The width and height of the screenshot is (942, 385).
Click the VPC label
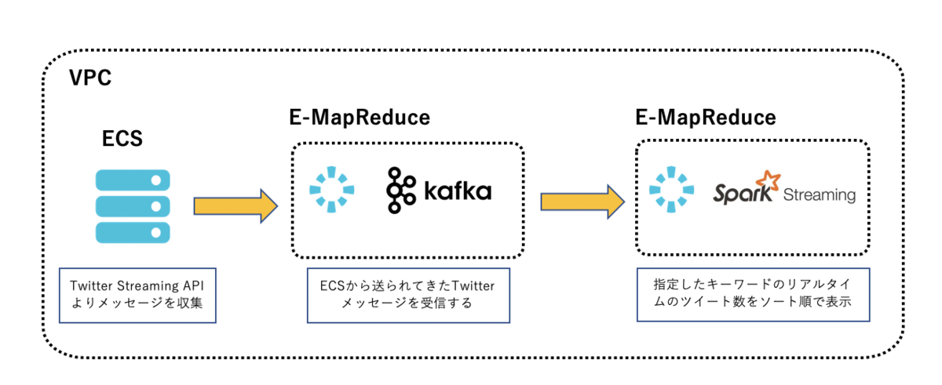click(90, 78)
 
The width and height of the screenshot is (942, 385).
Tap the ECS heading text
click(122, 139)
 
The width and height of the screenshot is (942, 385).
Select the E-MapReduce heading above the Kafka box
click(360, 117)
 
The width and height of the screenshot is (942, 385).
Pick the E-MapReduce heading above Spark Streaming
click(706, 117)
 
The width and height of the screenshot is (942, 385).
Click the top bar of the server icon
click(133, 180)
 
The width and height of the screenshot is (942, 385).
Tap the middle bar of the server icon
click(133, 206)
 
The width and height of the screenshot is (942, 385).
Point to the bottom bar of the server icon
click(133, 233)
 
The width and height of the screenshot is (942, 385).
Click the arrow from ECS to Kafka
click(235, 206)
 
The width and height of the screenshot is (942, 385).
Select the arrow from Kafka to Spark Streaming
click(582, 202)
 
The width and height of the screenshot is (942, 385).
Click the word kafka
click(458, 191)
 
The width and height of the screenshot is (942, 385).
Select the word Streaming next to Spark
click(820, 194)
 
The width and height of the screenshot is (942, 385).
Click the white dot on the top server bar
click(156, 180)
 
